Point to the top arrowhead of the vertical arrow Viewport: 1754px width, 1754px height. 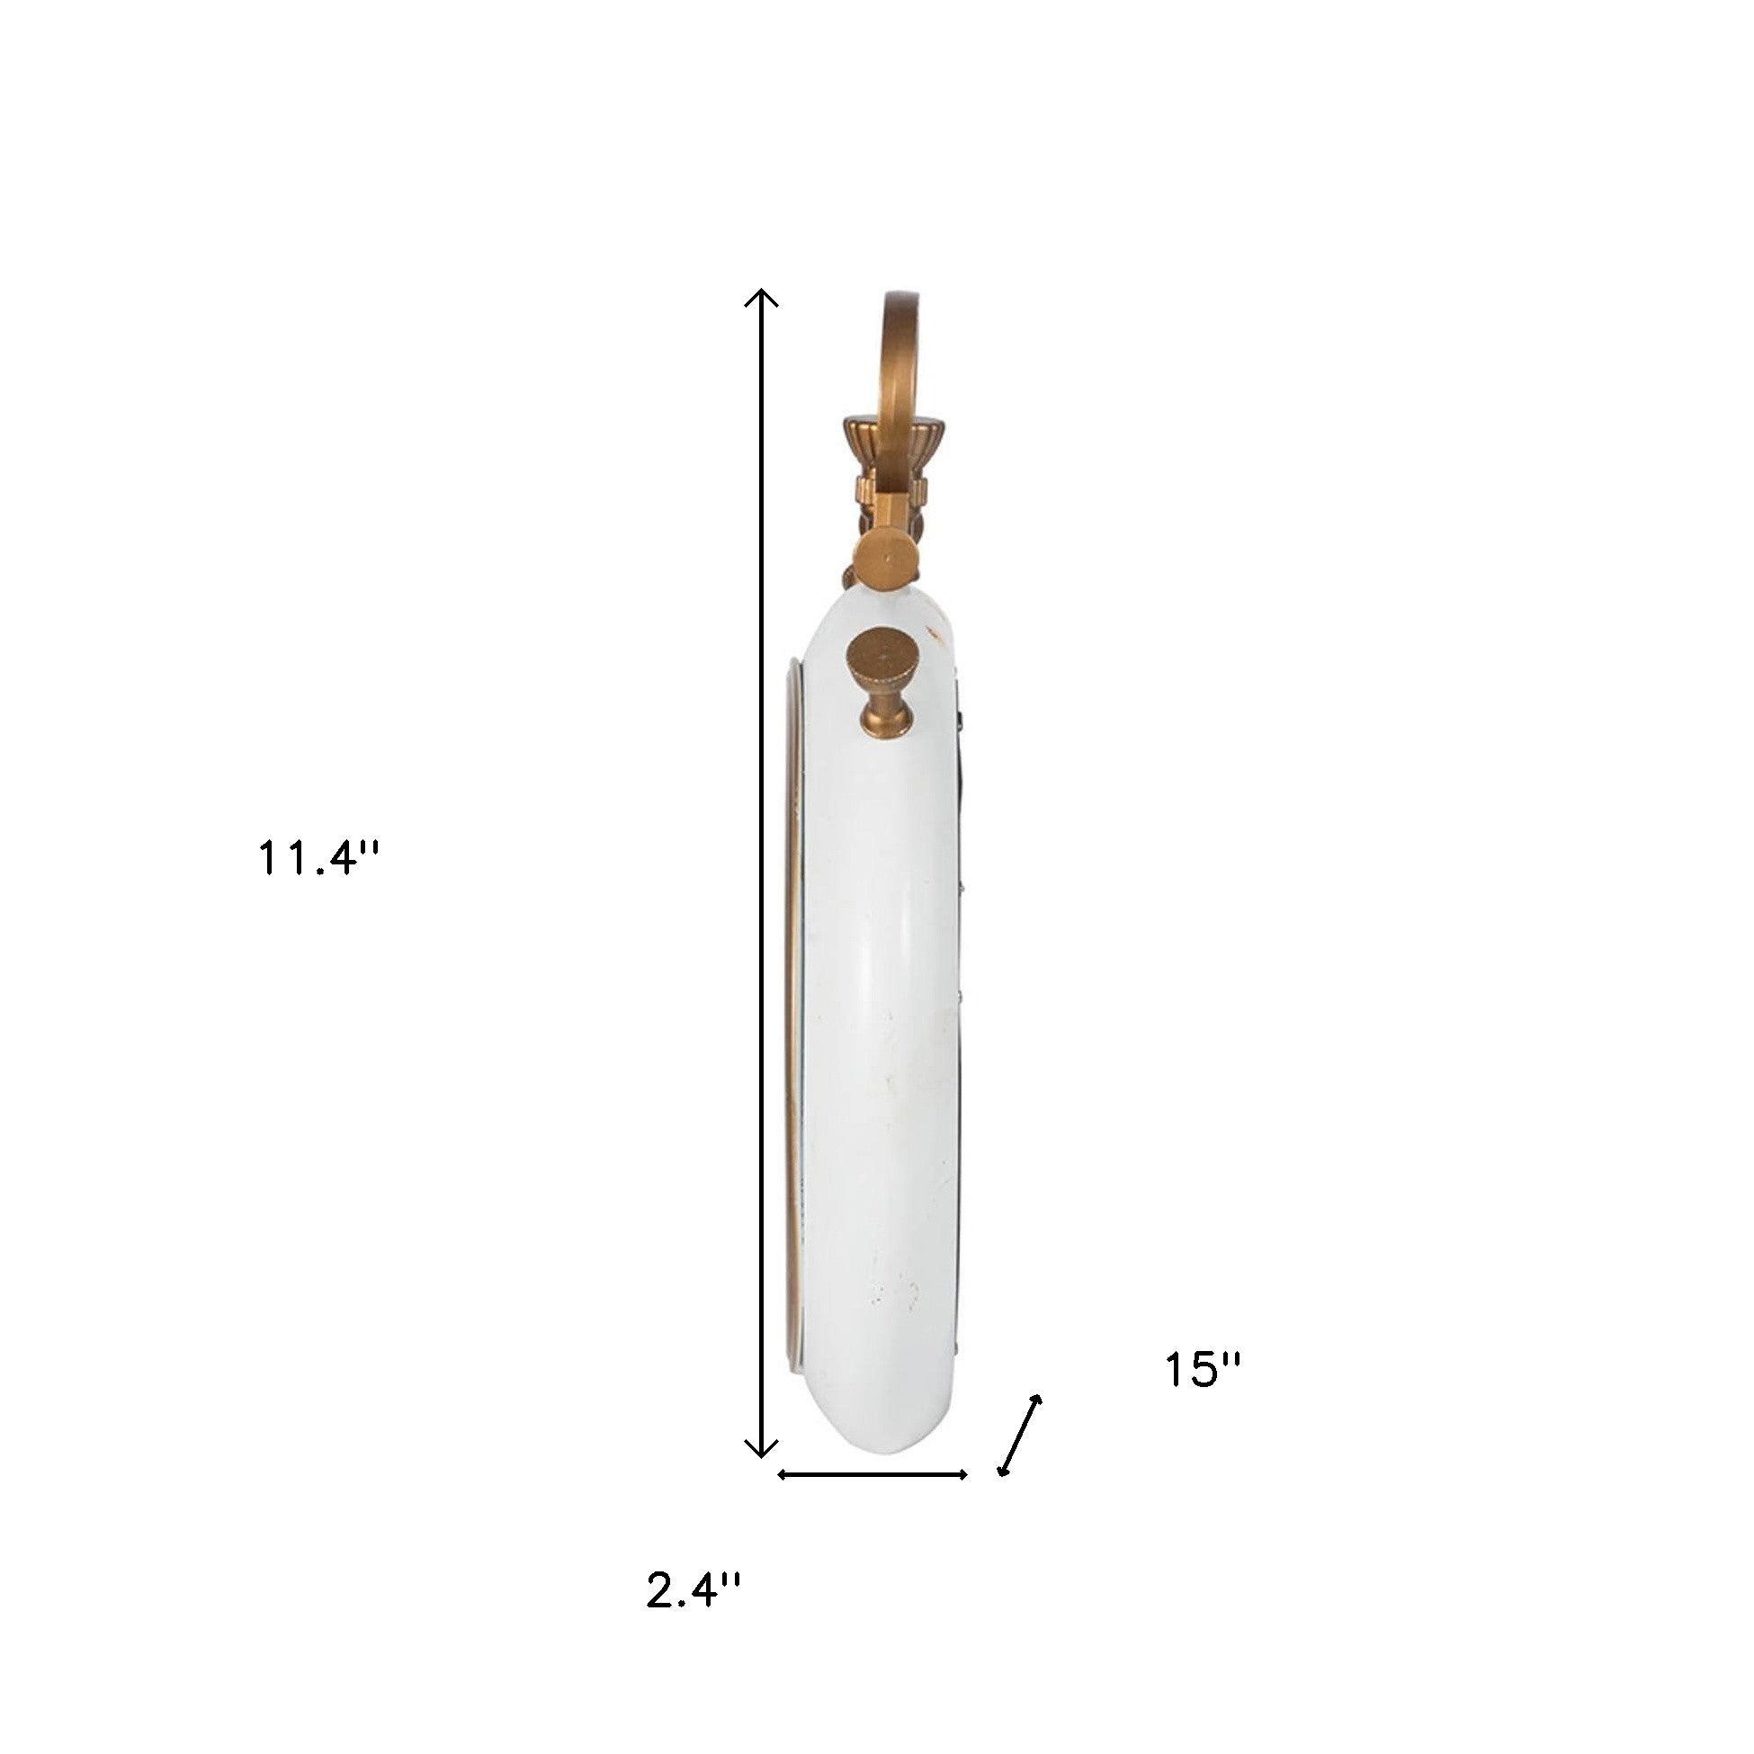click(761, 299)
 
